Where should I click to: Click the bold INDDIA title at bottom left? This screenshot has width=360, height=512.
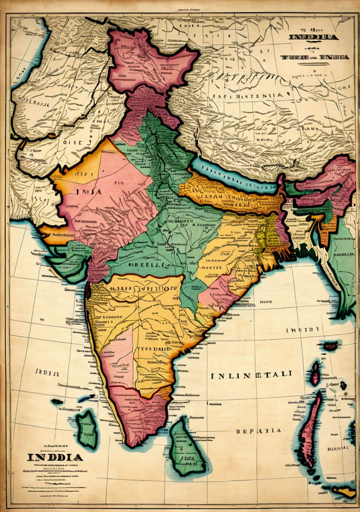tap(55, 457)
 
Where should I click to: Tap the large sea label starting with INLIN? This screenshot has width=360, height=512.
tap(251, 375)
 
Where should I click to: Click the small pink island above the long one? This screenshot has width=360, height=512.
tap(315, 373)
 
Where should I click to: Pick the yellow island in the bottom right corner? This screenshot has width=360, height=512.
tap(345, 492)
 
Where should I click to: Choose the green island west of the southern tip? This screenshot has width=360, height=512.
tap(86, 429)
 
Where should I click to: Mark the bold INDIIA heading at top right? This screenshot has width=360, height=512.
tap(313, 37)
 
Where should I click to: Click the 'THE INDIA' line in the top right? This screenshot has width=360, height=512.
tap(314, 57)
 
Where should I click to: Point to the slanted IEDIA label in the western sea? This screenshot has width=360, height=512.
tap(47, 372)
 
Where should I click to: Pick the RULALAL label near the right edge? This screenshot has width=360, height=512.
tap(338, 448)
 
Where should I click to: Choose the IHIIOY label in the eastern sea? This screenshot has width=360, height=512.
tap(302, 330)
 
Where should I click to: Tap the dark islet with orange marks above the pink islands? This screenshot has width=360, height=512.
tap(330, 345)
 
